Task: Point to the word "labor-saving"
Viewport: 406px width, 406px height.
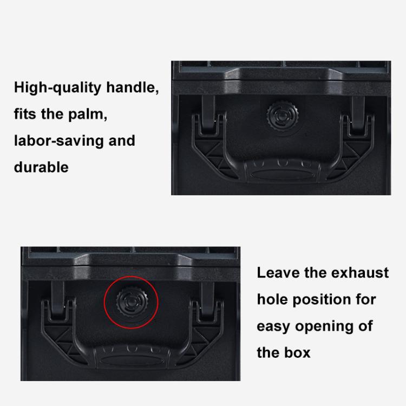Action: (60, 141)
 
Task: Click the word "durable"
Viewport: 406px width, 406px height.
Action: (41, 167)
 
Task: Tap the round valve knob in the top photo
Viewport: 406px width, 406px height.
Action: (282, 115)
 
